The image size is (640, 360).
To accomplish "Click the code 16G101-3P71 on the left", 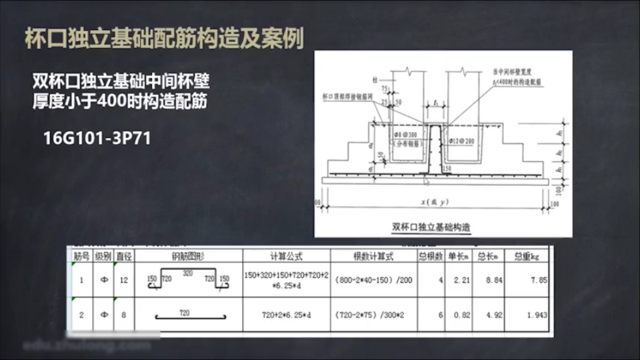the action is click(x=97, y=139).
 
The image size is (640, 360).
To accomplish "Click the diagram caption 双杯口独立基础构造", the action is click(x=431, y=227).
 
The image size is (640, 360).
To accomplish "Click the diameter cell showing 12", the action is click(x=123, y=280).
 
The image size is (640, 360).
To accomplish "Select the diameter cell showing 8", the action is click(x=123, y=314).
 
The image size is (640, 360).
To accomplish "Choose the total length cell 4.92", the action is click(x=491, y=314).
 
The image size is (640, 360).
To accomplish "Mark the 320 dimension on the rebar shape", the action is click(x=188, y=273).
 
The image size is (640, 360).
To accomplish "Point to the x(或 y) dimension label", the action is click(x=434, y=202).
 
